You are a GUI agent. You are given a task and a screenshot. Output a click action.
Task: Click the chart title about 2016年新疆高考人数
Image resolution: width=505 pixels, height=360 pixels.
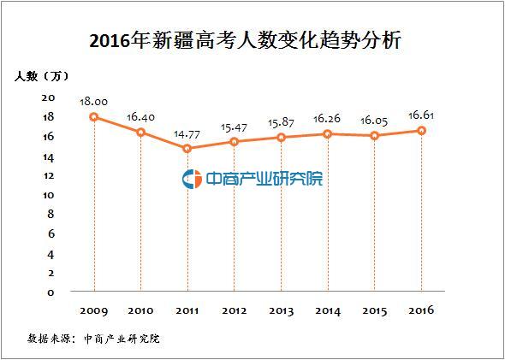click(x=253, y=39)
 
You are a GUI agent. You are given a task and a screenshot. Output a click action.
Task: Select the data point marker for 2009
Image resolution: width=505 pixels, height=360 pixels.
click(x=93, y=116)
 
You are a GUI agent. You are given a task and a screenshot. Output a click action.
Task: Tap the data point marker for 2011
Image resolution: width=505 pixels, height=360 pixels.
click(x=187, y=148)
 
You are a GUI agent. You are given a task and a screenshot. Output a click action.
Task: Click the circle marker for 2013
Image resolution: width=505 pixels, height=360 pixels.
click(x=282, y=137)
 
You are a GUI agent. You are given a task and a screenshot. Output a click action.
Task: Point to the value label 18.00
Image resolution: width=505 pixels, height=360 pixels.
click(x=93, y=101)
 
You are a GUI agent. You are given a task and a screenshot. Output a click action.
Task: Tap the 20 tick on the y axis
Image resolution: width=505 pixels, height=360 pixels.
click(x=49, y=97)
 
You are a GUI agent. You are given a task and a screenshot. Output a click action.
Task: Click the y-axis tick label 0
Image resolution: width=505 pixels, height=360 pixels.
click(x=51, y=292)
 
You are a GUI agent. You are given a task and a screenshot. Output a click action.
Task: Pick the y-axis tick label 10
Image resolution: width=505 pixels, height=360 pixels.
click(x=49, y=195)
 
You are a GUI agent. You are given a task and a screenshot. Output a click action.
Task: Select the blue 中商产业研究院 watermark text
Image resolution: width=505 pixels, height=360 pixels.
click(x=264, y=179)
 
